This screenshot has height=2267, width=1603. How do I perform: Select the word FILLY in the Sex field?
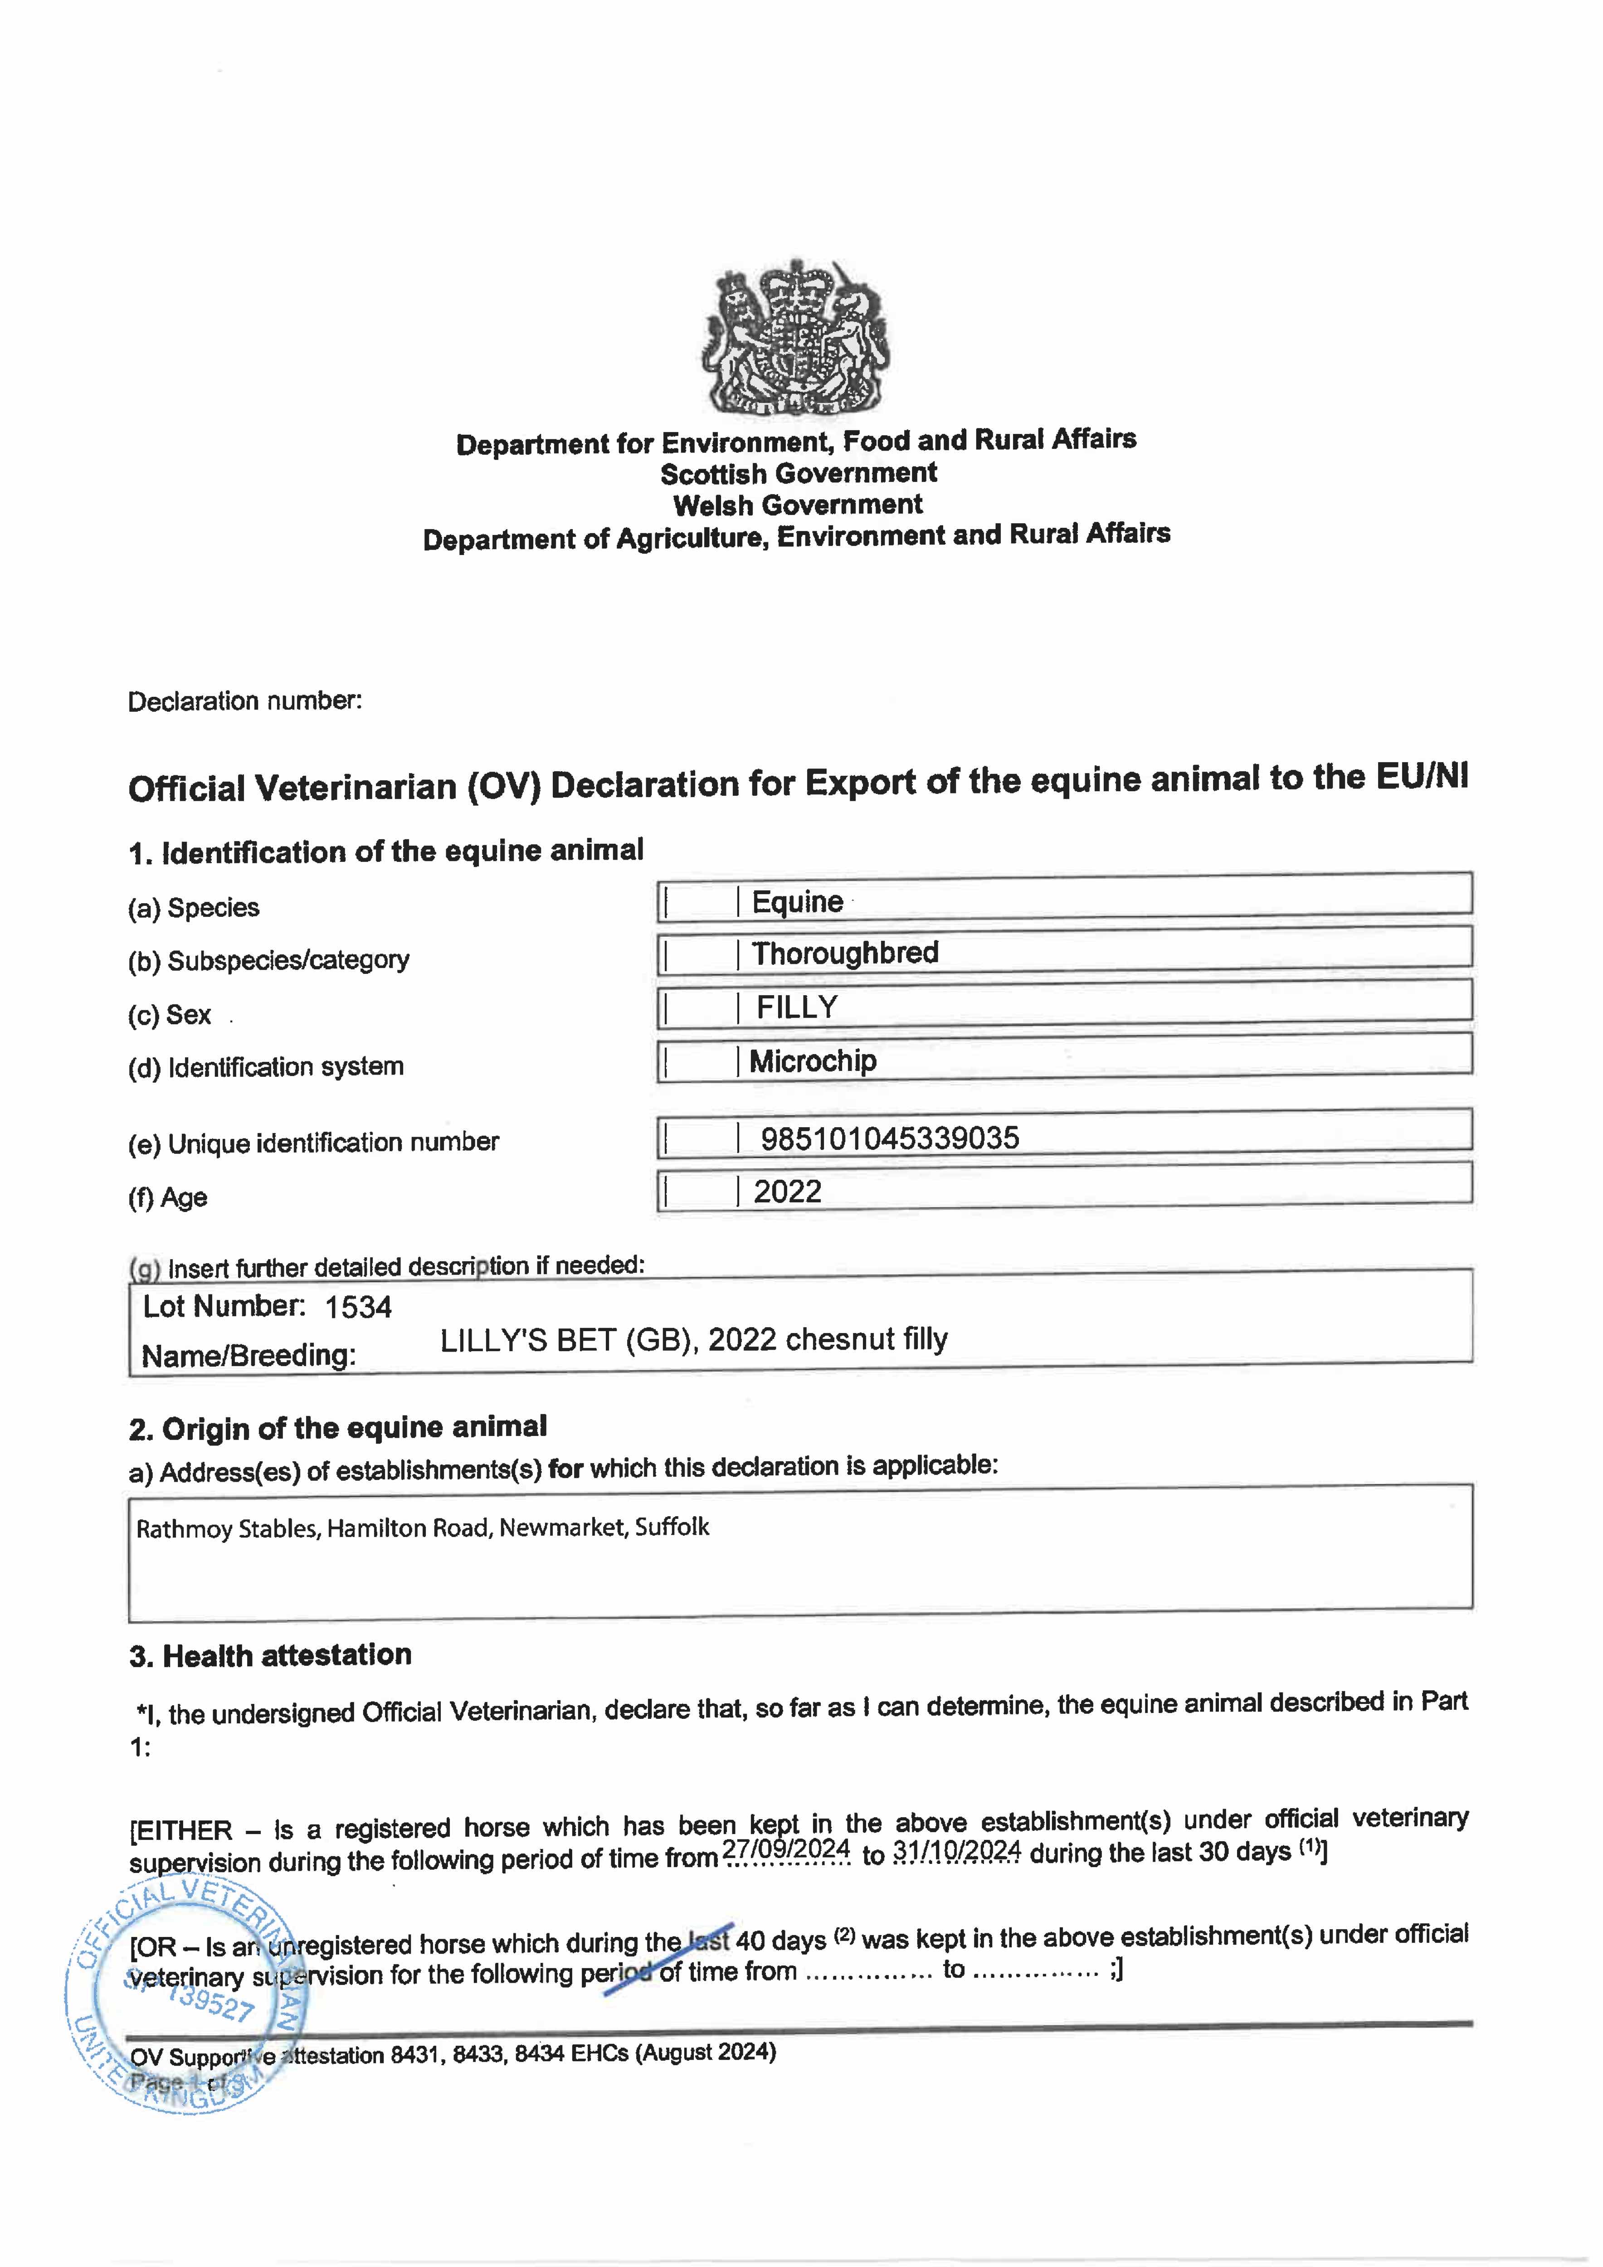pyautogui.click(x=797, y=1007)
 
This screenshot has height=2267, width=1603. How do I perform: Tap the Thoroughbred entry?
pyautogui.click(x=844, y=953)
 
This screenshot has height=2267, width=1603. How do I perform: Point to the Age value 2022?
pyautogui.click(x=787, y=1192)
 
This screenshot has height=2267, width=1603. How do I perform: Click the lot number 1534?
pyautogui.click(x=359, y=1307)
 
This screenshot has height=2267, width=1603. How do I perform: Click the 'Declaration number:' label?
pyautogui.click(x=245, y=701)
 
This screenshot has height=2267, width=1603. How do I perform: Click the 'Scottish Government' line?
pyautogui.click(x=798, y=474)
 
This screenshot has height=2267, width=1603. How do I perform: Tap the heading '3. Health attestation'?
pyautogui.click(x=270, y=1656)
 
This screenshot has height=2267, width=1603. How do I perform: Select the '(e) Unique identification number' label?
pyautogui.click(x=313, y=1143)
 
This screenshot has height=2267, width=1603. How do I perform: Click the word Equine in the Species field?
pyautogui.click(x=797, y=901)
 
